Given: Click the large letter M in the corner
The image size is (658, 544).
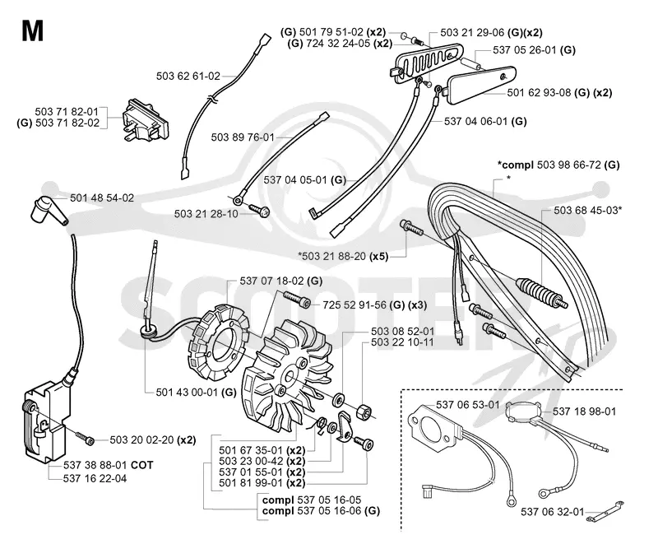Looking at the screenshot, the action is (x=32, y=30).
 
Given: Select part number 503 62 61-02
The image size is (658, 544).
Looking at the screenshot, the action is (x=188, y=76).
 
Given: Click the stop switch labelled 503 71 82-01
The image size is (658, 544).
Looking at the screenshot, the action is (x=145, y=120).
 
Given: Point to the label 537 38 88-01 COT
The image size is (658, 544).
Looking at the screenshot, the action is (x=109, y=465).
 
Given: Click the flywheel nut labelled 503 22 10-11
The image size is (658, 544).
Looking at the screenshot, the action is (x=364, y=411).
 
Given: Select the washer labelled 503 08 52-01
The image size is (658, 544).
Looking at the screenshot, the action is (x=338, y=399).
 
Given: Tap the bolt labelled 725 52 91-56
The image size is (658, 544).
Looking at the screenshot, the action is (x=297, y=300).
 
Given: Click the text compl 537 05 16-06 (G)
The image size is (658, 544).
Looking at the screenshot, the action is (x=321, y=511).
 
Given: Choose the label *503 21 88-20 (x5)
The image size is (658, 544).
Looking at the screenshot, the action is (x=343, y=256).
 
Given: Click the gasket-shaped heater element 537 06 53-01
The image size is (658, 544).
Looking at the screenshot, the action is (x=435, y=430).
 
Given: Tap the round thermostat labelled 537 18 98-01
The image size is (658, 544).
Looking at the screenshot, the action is (x=523, y=410).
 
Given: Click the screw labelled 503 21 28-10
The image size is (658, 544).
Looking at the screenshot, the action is (x=258, y=210).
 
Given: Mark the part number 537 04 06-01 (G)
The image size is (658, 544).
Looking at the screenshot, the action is (x=485, y=121).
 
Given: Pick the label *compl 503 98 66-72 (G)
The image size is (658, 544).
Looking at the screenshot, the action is (x=558, y=165).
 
